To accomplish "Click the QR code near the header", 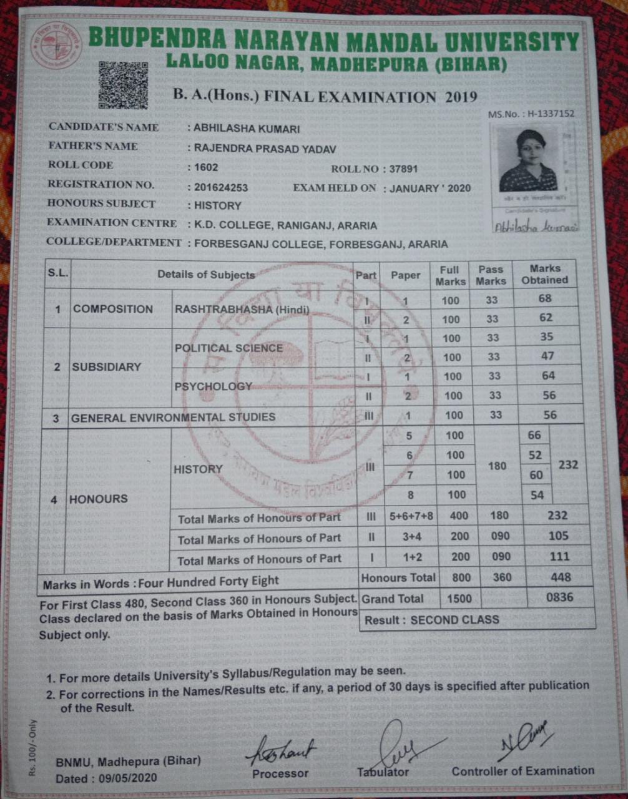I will (x=123, y=86).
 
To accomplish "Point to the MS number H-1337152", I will (x=531, y=114).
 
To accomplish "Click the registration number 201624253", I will (x=221, y=187).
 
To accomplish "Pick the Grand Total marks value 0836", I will (x=559, y=597).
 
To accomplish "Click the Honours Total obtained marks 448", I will (x=560, y=577).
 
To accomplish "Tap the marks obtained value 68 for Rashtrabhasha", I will (x=545, y=298).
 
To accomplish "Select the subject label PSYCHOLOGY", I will (x=213, y=386).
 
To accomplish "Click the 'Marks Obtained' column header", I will (x=544, y=275).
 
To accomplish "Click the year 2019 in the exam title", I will (x=461, y=97).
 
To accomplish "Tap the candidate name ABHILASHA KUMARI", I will (x=247, y=129).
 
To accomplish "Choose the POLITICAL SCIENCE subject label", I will (x=228, y=348).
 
